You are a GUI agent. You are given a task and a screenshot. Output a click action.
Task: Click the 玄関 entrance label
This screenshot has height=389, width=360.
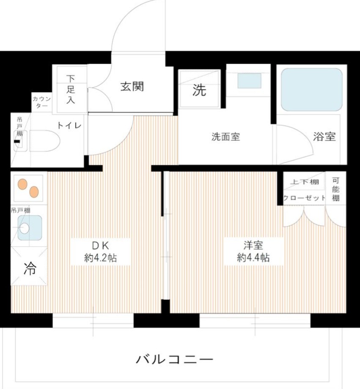pyautogui.click(x=132, y=86)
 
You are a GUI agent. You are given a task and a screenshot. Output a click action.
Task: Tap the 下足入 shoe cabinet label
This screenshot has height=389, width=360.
pyautogui.click(x=70, y=89)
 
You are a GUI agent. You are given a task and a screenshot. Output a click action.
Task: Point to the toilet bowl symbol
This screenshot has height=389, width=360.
pyautogui.click(x=45, y=140)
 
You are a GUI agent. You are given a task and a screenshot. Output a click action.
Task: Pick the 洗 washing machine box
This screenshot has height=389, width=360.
pyautogui.click(x=199, y=90)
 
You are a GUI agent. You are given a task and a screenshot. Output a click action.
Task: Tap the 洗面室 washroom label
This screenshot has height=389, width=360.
pyautogui.click(x=225, y=137)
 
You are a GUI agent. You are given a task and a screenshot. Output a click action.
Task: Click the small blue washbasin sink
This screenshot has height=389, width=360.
pyautogui.click(x=249, y=81)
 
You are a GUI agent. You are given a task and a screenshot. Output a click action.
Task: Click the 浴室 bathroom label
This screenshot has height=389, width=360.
pyautogui.click(x=324, y=137)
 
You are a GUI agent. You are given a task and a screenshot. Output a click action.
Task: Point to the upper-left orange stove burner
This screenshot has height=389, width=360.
pyautogui.click(x=22, y=184)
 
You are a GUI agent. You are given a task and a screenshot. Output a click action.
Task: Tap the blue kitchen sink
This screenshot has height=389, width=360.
pyautogui.click(x=29, y=228)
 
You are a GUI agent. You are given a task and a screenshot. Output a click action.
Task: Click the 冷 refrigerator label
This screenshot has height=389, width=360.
pyautogui.click(x=29, y=269)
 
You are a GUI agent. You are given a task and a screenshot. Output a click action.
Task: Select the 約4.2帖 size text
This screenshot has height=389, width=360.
pyautogui.click(x=100, y=258)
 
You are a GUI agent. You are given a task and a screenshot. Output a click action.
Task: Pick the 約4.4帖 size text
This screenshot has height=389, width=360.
pyautogui.click(x=253, y=258)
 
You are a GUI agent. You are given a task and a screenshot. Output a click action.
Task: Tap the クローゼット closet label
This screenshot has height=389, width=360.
pyautogui.click(x=304, y=198)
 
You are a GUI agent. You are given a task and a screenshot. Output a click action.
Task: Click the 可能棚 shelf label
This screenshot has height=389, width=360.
pyautogui.click(x=335, y=188)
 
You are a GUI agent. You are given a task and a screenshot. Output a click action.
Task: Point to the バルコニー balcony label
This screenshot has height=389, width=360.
pyautogui.click(x=174, y=360)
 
